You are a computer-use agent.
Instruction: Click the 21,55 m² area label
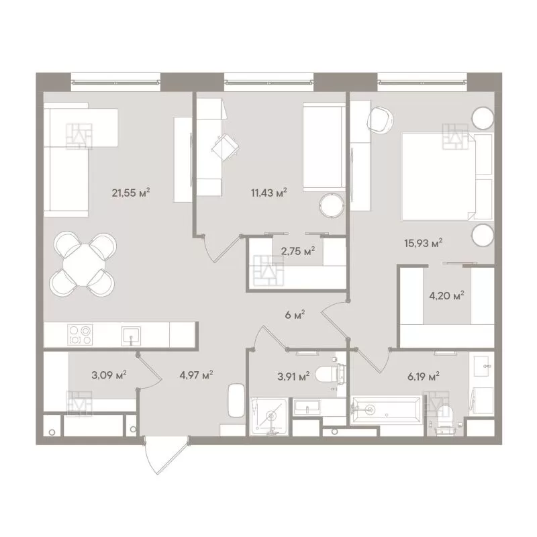[131, 193]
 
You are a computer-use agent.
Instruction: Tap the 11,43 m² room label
[269, 193]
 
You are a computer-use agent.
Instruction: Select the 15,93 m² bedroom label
[424, 243]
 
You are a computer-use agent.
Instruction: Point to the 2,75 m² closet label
[298, 251]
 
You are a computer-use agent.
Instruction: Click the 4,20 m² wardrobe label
[446, 295]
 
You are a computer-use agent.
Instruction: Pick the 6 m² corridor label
[295, 315]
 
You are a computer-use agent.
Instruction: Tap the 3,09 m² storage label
[109, 375]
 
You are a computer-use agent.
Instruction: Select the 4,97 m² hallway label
[196, 375]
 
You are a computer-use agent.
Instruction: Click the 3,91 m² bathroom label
[293, 377]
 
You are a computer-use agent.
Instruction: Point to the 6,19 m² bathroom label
[424, 377]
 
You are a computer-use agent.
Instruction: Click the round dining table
[84, 264]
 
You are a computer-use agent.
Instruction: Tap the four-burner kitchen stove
[80, 335]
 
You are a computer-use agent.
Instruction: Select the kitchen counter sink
[131, 336]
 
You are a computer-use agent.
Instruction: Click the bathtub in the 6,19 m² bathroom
[387, 410]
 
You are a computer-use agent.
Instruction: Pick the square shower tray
[269, 416]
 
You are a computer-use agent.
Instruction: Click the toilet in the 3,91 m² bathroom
[330, 375]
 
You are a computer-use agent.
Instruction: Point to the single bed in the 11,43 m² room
[324, 147]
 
